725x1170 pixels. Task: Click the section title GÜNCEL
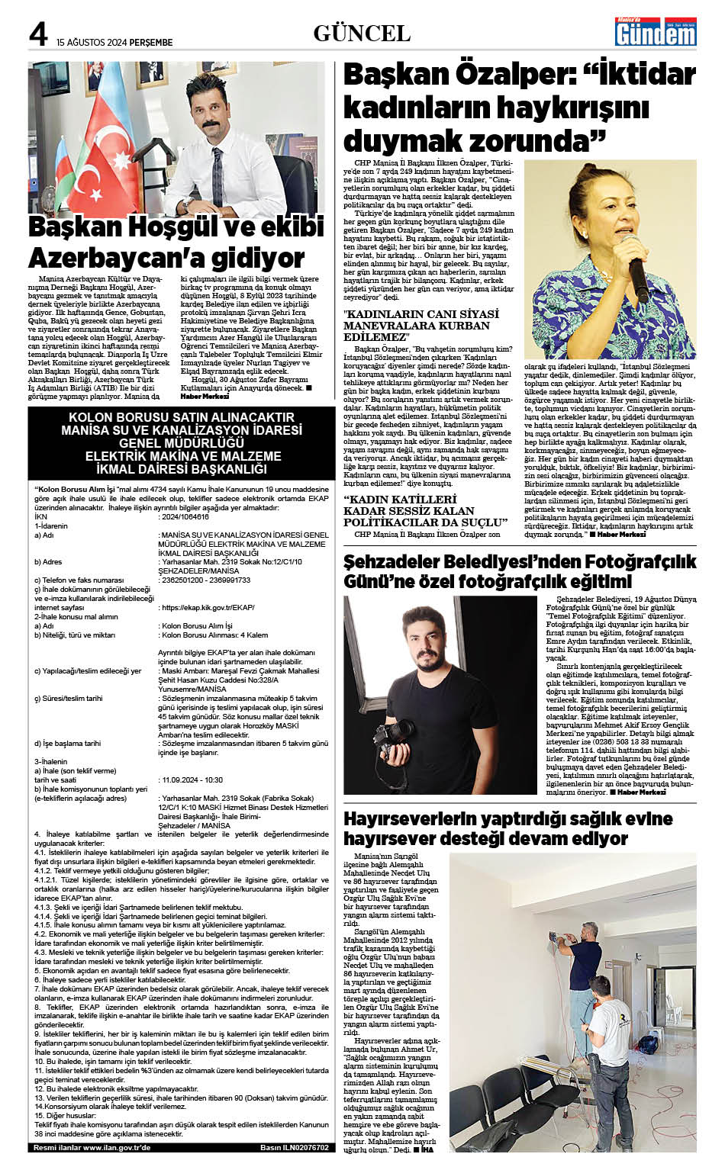[x=362, y=33]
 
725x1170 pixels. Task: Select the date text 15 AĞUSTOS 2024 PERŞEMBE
[x=114, y=43]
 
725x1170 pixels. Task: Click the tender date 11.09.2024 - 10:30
[x=191, y=780]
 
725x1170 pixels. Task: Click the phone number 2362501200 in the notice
[x=182, y=580]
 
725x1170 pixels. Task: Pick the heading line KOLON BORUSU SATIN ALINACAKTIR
[x=181, y=417]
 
